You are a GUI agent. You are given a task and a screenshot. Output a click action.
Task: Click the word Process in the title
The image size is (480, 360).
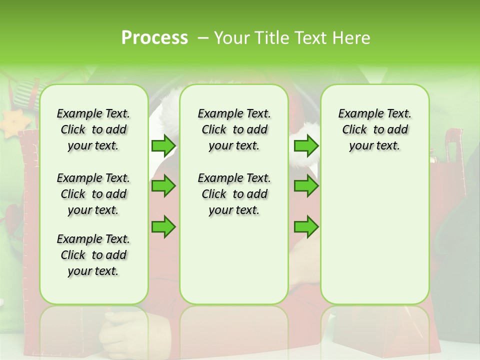tap(154, 38)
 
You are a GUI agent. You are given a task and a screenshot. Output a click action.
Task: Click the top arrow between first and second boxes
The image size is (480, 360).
tap(163, 145)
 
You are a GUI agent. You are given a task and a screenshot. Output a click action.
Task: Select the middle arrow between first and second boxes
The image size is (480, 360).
tap(163, 186)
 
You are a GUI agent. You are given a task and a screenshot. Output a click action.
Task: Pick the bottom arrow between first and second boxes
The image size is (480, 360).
tap(163, 226)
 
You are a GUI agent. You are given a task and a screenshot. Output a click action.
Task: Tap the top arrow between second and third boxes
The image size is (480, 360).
tap(306, 145)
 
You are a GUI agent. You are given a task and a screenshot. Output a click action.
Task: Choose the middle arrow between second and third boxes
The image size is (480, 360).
tap(306, 186)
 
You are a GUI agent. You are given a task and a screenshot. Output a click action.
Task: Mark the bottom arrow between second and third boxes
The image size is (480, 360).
tap(306, 226)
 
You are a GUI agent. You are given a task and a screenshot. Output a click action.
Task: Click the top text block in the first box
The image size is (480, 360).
tap(93, 129)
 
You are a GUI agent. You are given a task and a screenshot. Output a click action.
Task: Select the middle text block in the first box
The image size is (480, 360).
tap(93, 194)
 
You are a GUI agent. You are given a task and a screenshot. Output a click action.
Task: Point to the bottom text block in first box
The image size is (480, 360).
tap(93, 255)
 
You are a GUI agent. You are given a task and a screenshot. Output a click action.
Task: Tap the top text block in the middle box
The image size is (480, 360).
tap(234, 129)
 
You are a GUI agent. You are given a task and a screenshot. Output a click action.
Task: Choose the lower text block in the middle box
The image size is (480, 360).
tap(234, 194)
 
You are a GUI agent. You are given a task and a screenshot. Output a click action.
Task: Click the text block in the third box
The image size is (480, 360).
tap(374, 129)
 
